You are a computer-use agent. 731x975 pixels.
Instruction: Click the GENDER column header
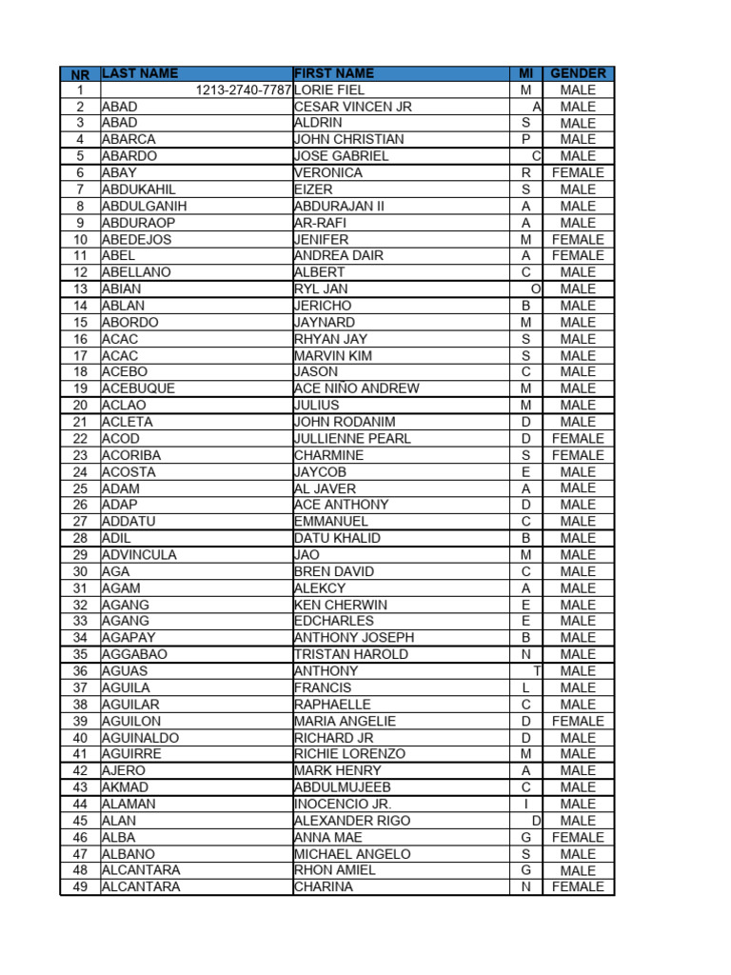coord(578,73)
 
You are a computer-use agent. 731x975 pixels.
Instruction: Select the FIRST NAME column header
coord(334,73)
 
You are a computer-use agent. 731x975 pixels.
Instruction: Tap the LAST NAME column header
coord(140,73)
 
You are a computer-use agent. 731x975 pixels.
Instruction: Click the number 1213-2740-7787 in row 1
coord(244,90)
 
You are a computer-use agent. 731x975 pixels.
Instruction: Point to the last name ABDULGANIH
coord(145,206)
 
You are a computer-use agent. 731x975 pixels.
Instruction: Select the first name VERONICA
coord(328,172)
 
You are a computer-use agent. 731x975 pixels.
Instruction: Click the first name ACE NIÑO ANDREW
coord(357,388)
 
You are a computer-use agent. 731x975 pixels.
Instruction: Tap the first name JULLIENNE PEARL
coord(353,438)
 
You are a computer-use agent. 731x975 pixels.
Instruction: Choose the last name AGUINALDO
coord(140,738)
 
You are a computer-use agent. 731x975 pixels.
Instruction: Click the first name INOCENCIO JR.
coord(344,804)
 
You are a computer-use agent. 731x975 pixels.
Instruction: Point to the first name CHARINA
coord(324,886)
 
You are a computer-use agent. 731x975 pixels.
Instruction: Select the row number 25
coord(80,488)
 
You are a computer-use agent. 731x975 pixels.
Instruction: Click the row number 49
coord(80,886)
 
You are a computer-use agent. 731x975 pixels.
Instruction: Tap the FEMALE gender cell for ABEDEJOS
coord(578,239)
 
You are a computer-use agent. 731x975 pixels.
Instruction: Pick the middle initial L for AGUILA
coord(525,687)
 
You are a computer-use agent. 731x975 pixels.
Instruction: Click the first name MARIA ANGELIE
coord(346,721)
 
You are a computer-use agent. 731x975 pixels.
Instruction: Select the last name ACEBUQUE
coord(139,388)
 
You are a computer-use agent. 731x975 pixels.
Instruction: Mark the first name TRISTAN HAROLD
coord(351,654)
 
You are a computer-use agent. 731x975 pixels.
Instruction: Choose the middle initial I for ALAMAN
coord(525,804)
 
